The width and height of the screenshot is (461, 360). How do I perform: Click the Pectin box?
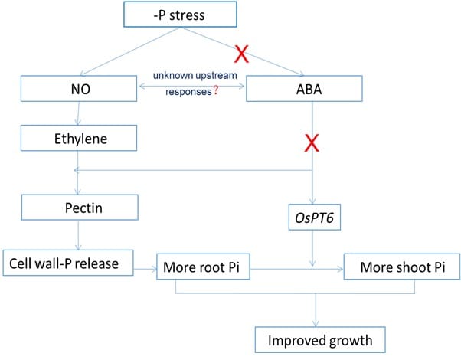click(80, 207)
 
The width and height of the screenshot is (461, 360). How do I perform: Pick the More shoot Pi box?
click(402, 268)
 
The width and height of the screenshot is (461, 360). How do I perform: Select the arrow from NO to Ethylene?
click(78, 113)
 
